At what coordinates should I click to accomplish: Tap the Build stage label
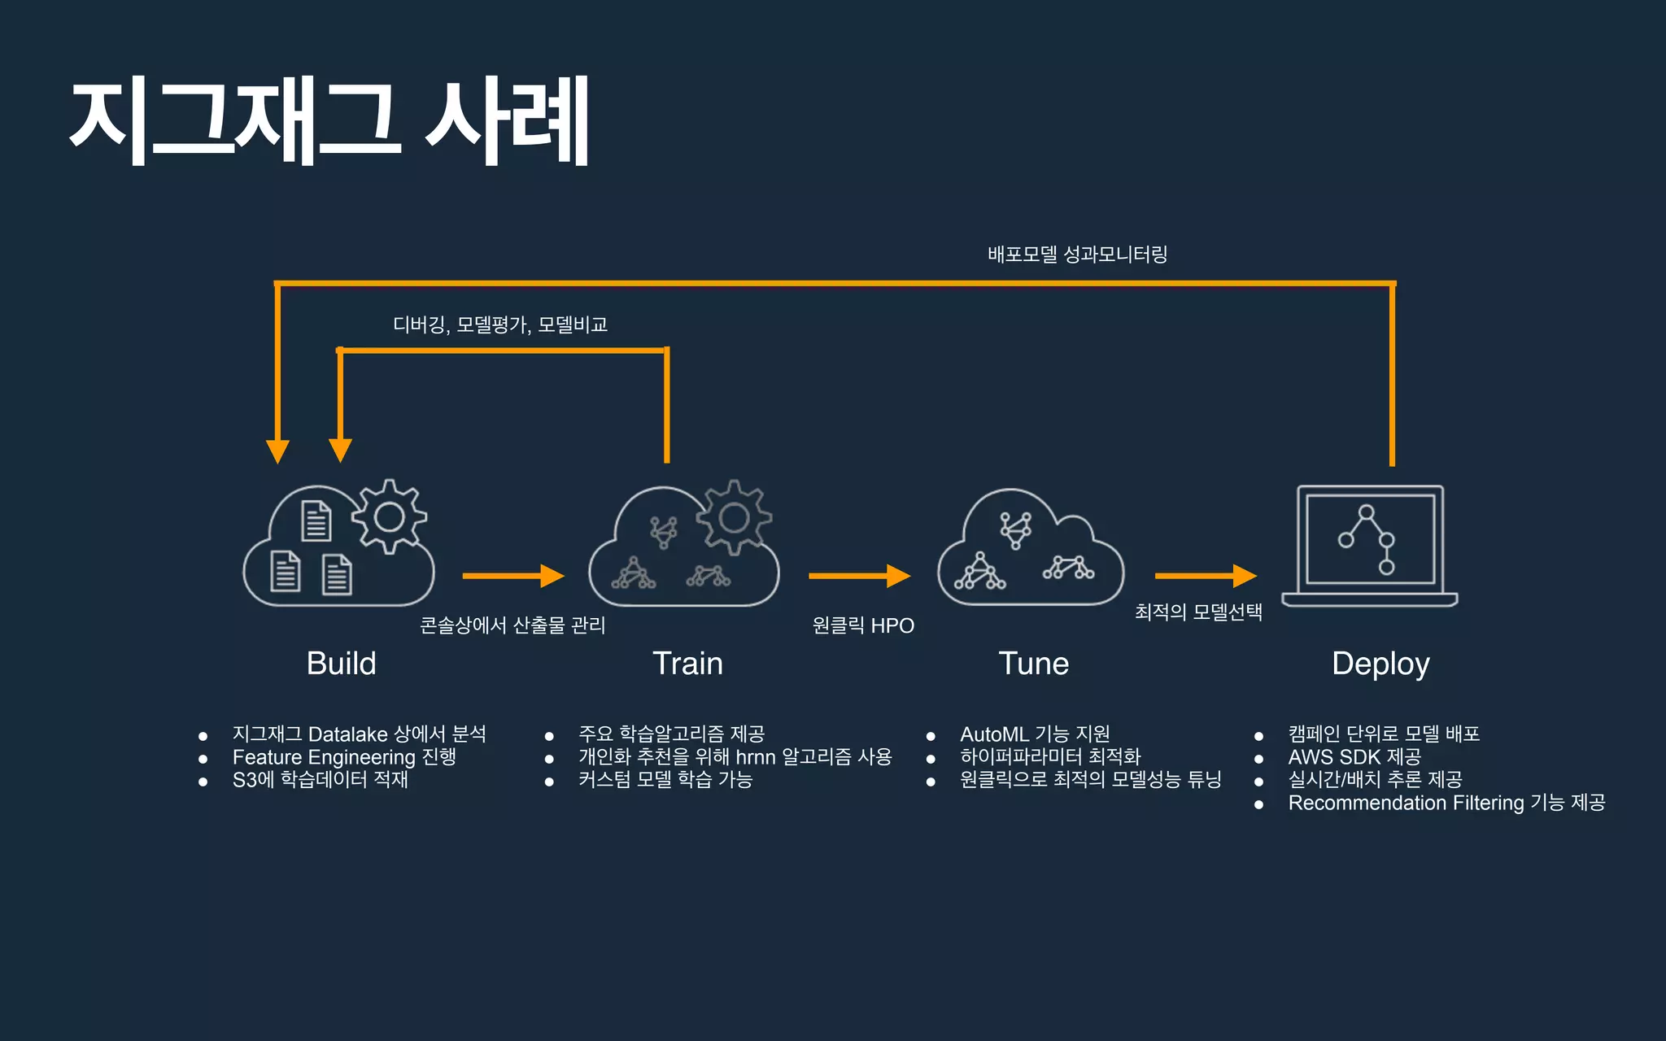(x=341, y=664)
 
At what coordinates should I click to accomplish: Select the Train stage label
(x=687, y=664)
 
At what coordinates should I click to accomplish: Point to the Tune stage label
(x=1033, y=664)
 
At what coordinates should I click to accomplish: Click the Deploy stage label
(x=1380, y=664)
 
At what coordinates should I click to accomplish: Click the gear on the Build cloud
(x=389, y=517)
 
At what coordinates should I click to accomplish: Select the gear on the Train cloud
(x=734, y=517)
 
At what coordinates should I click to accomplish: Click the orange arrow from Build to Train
(x=512, y=576)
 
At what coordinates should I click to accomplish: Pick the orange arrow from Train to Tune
(x=859, y=576)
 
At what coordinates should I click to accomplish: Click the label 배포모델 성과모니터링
(x=1077, y=255)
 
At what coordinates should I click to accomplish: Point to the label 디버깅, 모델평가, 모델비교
(x=500, y=325)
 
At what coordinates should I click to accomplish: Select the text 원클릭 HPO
(x=863, y=625)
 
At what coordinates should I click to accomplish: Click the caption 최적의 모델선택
(x=1198, y=612)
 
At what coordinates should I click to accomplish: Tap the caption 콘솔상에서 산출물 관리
(x=512, y=625)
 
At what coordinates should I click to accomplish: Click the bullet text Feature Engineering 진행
(x=344, y=757)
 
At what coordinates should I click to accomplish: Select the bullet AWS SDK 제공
(x=1354, y=757)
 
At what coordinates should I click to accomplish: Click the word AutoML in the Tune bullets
(x=994, y=734)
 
